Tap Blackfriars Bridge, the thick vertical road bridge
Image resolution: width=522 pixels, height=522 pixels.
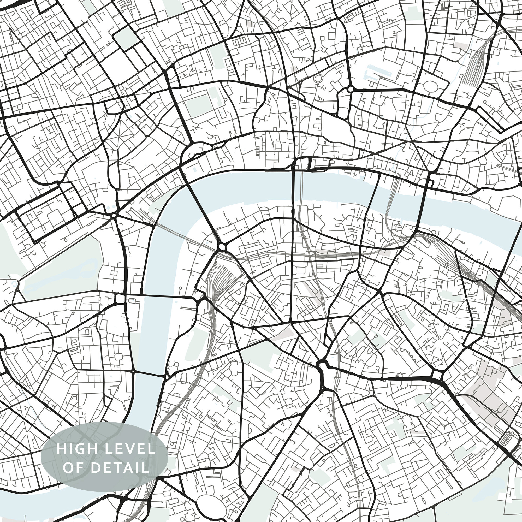292,194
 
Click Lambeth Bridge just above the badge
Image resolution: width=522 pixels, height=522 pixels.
148,374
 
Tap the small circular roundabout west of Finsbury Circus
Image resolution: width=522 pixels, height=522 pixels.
351,89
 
